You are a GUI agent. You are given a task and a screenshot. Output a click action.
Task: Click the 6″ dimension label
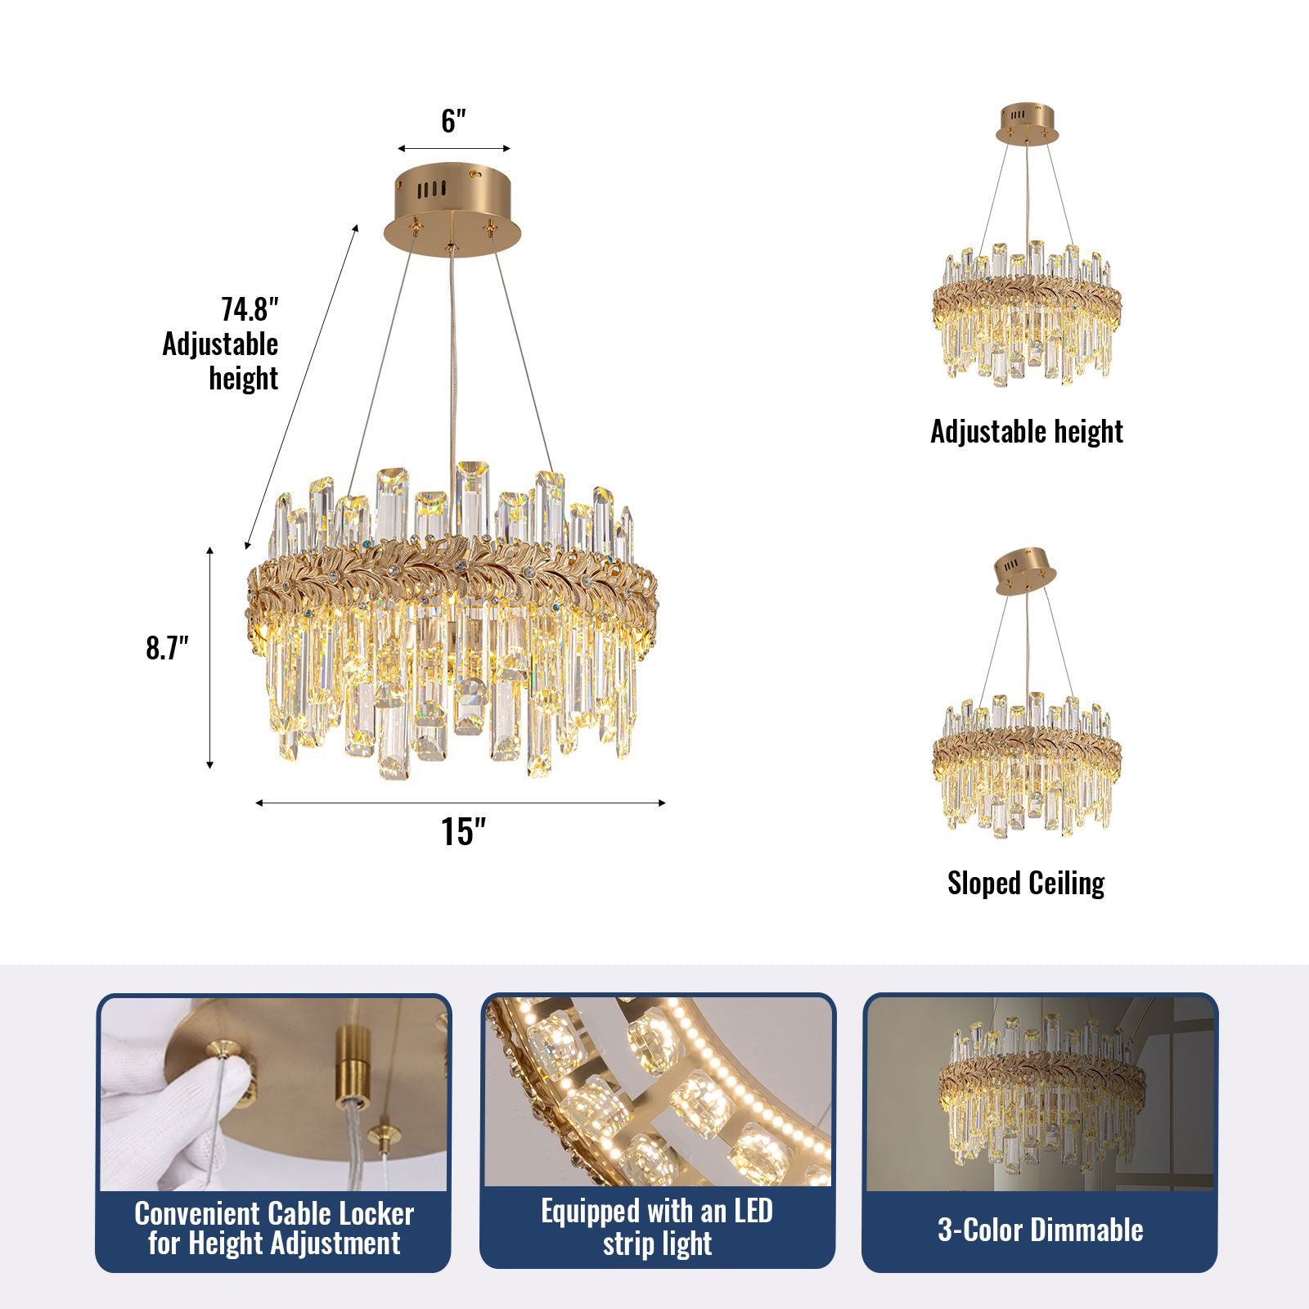pyautogui.click(x=453, y=121)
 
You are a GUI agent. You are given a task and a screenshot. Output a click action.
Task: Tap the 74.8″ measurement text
pyautogui.click(x=250, y=310)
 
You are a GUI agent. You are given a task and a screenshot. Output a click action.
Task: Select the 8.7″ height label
pyautogui.click(x=167, y=648)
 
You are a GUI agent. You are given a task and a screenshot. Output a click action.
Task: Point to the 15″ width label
pyautogui.click(x=463, y=832)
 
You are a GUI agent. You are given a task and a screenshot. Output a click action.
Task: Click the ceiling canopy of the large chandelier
pyautogui.click(x=452, y=209)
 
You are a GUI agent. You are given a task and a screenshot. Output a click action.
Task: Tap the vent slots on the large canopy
pyautogui.click(x=430, y=190)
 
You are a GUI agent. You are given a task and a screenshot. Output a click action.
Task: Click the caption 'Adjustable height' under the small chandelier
pyautogui.click(x=1026, y=431)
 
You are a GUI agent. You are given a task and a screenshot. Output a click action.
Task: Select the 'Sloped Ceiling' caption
pyautogui.click(x=1026, y=883)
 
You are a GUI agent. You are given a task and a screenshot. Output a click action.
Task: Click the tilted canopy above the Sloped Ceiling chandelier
pyautogui.click(x=1025, y=569)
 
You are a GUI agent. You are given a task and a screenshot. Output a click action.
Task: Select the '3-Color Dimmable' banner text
pyautogui.click(x=1040, y=1230)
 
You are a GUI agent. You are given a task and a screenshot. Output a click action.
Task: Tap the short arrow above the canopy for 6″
pyautogui.click(x=454, y=149)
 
